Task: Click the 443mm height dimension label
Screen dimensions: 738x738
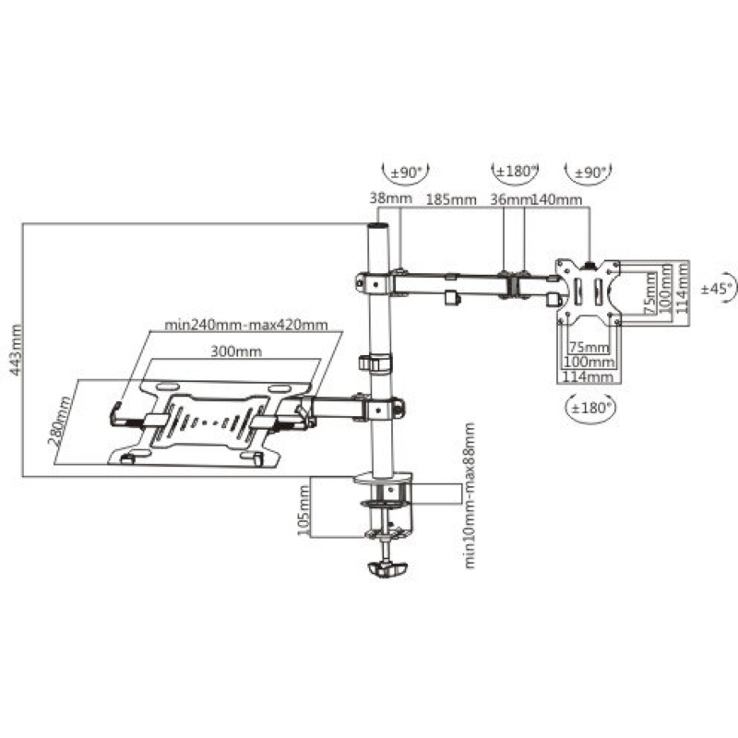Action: tap(16, 350)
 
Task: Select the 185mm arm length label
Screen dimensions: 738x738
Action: tap(451, 200)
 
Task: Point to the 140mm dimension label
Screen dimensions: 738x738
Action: tap(557, 200)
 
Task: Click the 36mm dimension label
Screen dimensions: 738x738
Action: tap(511, 200)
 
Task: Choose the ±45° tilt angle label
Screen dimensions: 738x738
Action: tap(717, 289)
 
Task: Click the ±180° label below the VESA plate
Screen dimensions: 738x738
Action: tap(590, 408)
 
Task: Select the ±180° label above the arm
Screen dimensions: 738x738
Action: tap(515, 172)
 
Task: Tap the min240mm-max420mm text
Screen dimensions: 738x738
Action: tap(245, 325)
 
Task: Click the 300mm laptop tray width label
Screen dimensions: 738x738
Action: tap(236, 351)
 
